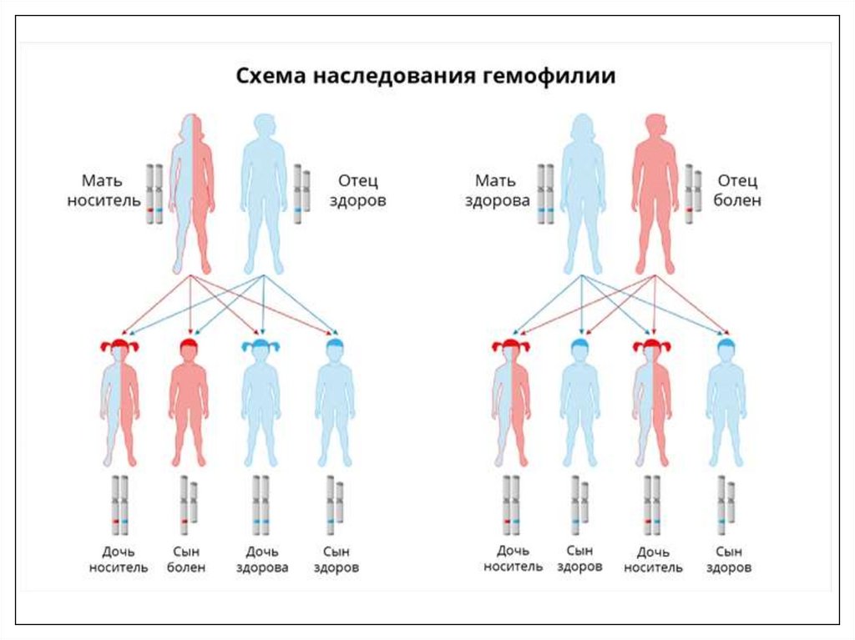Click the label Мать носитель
tap(104, 191)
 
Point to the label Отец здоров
tap(362, 191)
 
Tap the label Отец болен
tap(736, 191)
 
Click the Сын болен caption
tap(189, 559)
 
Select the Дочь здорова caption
tap(261, 559)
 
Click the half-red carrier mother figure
tap(191, 192)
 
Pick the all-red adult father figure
tap(655, 192)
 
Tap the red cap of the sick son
tap(189, 345)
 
